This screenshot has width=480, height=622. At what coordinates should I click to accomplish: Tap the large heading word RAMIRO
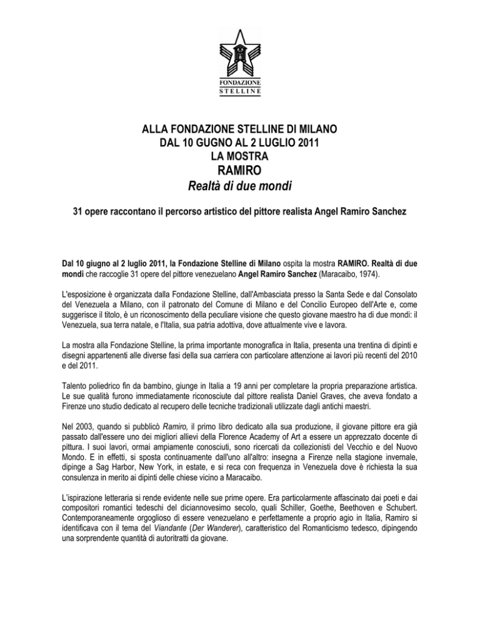(x=239, y=170)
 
